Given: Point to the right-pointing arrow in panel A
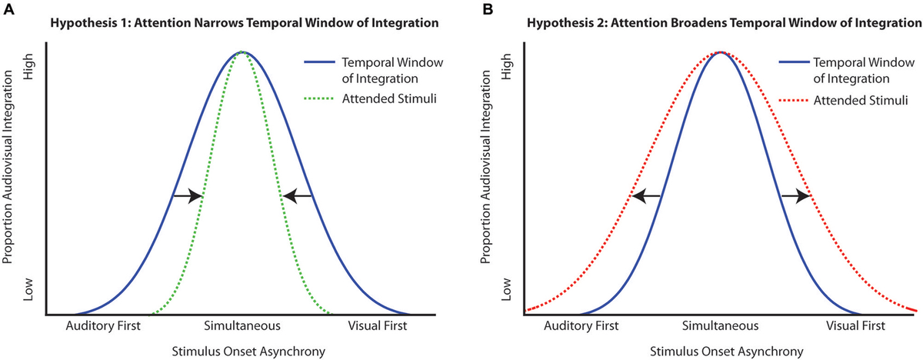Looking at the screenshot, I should (x=186, y=196).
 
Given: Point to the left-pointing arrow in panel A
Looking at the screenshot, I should (x=298, y=196).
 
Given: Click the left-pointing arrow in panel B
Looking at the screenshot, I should (x=646, y=196).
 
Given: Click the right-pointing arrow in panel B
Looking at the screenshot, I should (x=795, y=196).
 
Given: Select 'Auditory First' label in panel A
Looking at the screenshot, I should (x=105, y=325).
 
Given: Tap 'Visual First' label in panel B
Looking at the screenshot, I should (x=855, y=325).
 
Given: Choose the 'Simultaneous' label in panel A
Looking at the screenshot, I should (x=242, y=325).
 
